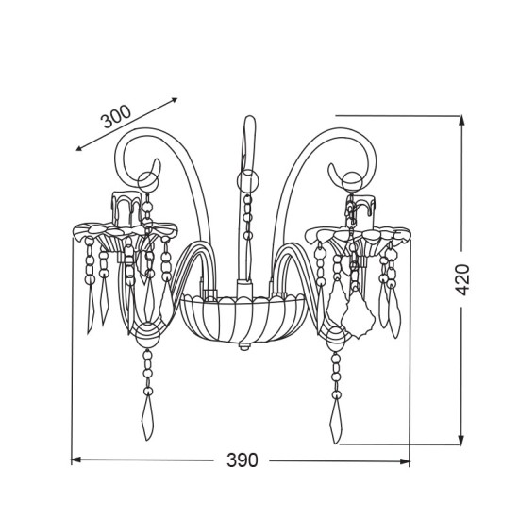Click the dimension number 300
(x=116, y=116)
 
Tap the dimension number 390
(x=242, y=460)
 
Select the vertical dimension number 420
(x=462, y=279)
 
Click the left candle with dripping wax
(x=127, y=209)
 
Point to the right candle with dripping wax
(x=361, y=210)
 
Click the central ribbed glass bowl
(x=243, y=318)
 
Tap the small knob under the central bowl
(x=243, y=346)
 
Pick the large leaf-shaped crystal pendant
(x=359, y=315)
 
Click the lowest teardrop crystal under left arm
(x=147, y=418)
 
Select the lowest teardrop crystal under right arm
(x=336, y=421)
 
